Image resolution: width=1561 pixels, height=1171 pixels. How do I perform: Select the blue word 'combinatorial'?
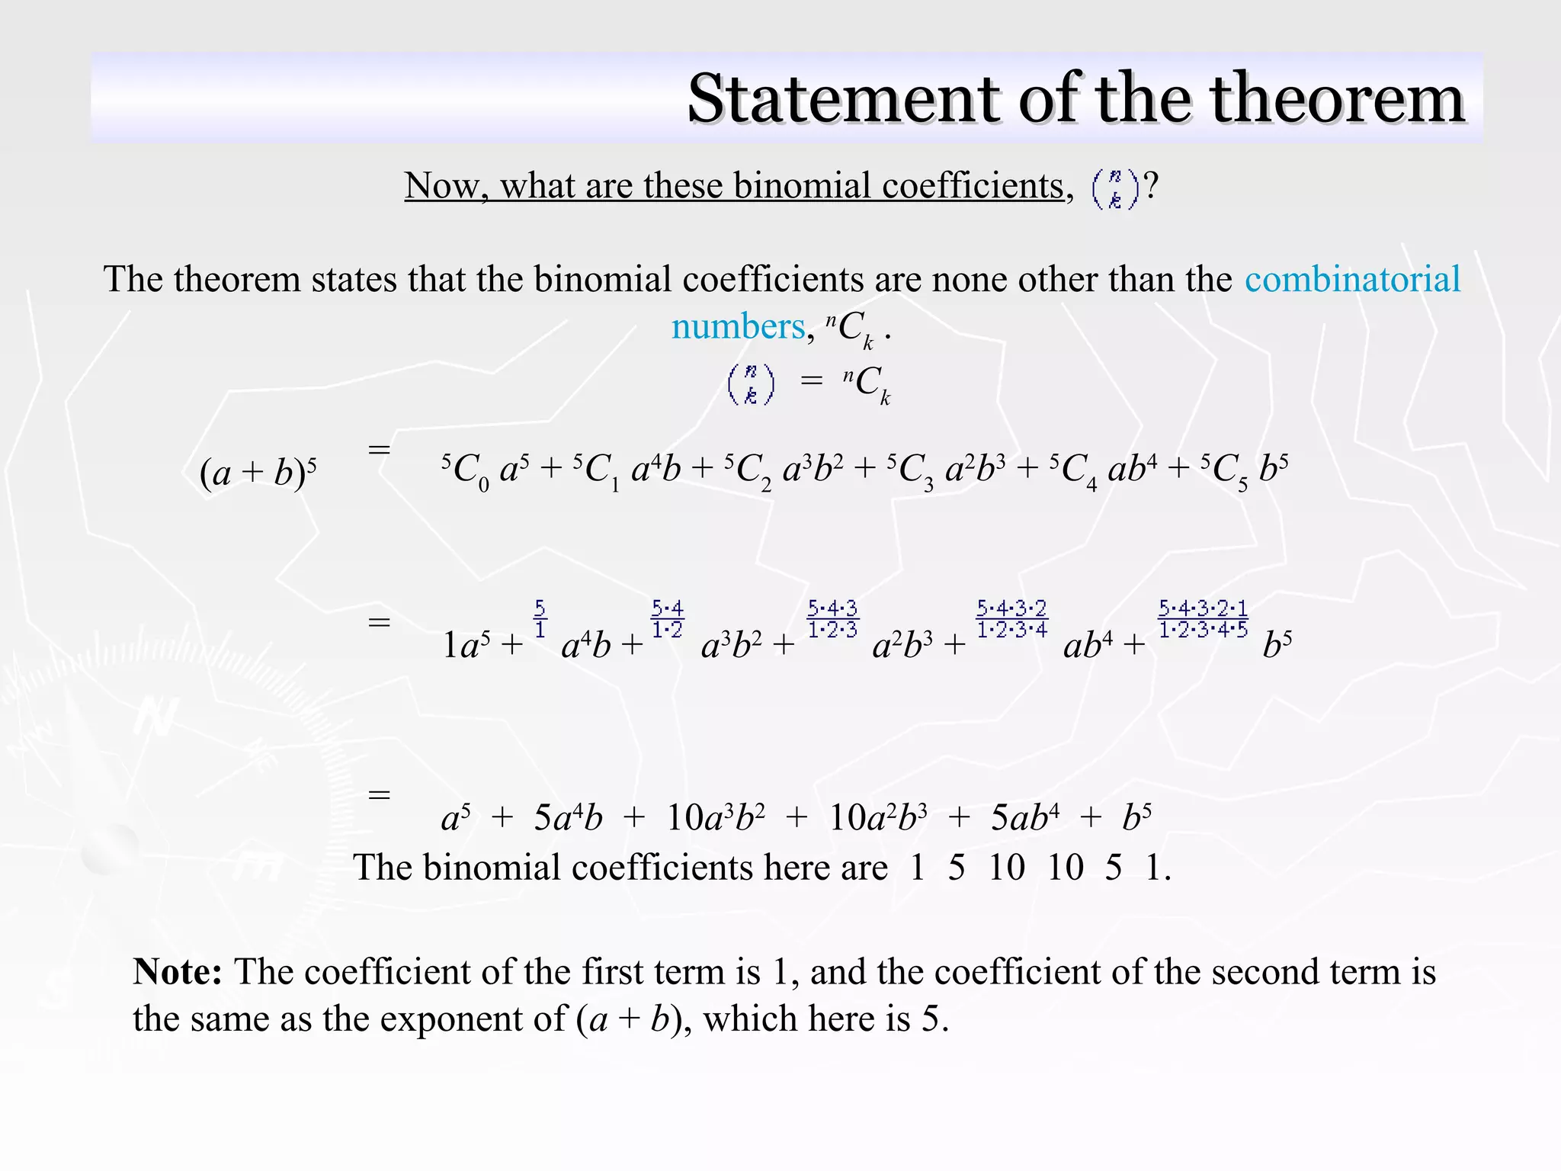point(1352,279)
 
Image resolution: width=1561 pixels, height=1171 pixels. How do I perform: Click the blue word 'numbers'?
point(738,327)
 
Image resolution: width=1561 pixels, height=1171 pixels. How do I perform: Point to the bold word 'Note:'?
point(178,972)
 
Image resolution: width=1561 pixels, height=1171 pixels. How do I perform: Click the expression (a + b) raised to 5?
point(258,473)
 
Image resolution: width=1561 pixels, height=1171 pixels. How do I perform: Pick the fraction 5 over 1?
point(540,619)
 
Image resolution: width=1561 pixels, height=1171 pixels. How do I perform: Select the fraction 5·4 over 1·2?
point(667,619)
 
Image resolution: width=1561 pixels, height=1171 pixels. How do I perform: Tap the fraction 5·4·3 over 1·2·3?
point(832,619)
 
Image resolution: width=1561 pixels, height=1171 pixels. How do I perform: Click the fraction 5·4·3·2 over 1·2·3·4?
point(1012,619)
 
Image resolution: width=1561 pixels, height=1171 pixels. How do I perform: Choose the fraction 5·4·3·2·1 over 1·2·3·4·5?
point(1203,619)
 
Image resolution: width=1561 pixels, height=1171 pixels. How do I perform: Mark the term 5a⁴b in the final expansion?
point(568,818)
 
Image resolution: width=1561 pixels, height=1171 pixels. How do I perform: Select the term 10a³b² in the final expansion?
point(715,818)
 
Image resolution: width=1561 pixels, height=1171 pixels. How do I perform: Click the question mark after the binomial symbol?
point(1151,186)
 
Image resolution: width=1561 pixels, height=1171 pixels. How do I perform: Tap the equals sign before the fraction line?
point(379,622)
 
